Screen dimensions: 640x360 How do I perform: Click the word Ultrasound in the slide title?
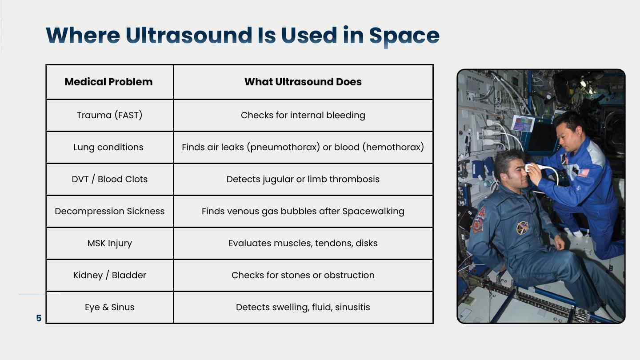point(188,35)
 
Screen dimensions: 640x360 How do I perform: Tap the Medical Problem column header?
point(108,82)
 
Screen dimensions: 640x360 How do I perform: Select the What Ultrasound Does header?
point(303,82)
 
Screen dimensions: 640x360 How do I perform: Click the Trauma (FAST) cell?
point(109,115)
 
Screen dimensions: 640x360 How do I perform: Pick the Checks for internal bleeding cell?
point(303,115)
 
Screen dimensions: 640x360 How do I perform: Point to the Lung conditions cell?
point(108,147)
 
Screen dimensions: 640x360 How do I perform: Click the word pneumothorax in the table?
point(283,147)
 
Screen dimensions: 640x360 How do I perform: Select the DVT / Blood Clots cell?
point(109,179)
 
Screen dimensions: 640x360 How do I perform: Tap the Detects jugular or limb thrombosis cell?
point(303,179)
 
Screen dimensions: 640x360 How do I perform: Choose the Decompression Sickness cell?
point(109,211)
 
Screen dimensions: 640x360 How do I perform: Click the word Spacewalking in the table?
point(373,211)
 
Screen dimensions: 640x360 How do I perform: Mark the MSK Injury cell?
point(109,243)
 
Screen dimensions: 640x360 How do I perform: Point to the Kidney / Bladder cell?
point(109,275)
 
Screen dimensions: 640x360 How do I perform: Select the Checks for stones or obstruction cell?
point(303,275)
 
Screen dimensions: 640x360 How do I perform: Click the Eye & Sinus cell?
point(109,307)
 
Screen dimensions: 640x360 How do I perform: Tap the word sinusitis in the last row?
point(352,307)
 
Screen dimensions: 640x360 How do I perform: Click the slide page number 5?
point(39,318)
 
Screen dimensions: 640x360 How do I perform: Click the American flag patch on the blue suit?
point(584,172)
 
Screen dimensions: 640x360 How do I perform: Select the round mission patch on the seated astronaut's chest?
point(522,228)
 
